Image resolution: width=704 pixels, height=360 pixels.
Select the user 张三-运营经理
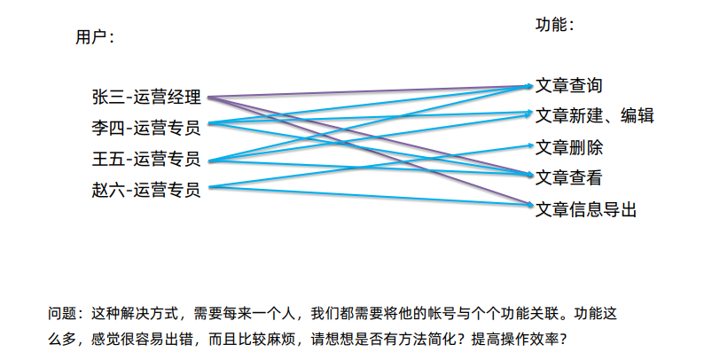(146, 98)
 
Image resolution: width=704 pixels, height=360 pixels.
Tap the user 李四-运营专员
(146, 128)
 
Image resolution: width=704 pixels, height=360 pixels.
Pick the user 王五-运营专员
(146, 160)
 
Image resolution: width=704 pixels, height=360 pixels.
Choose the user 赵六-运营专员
(146, 190)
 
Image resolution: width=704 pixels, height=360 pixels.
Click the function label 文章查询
(569, 86)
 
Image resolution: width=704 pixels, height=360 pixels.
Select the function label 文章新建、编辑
(595, 115)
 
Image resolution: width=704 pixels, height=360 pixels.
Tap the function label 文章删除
(569, 147)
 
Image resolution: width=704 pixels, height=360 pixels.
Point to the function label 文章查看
(569, 177)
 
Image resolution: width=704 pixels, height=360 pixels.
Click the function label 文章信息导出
(586, 209)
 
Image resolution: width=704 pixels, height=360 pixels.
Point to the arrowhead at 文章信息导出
(528, 206)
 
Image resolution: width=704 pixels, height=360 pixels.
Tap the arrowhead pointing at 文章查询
(528, 86)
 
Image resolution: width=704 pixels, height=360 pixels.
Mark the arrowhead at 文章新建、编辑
(528, 113)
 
